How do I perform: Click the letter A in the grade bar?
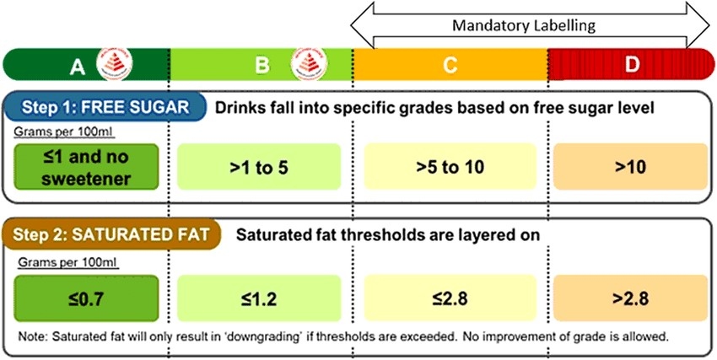78,66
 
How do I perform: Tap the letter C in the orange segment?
450,66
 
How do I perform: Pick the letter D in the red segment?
632,66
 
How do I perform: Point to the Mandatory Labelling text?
524,25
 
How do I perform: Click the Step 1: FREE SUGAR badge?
103,107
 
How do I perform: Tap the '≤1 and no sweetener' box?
88,166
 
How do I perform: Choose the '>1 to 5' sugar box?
259,166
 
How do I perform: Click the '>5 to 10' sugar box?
450,166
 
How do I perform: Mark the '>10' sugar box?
629,166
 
